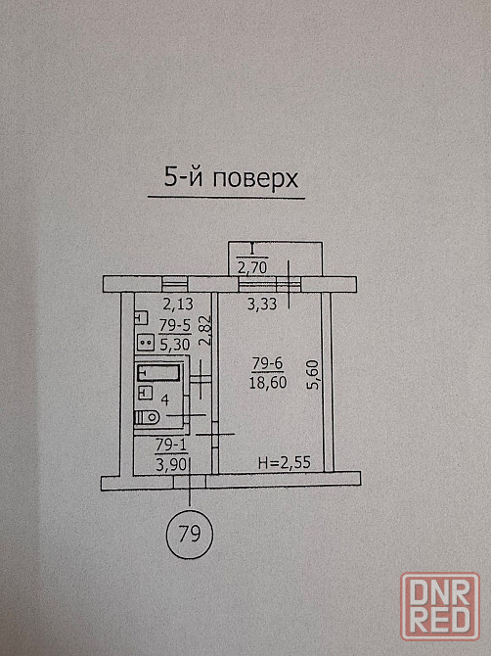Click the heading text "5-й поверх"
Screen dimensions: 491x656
[x=231, y=178]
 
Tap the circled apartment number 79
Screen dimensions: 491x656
[x=190, y=534]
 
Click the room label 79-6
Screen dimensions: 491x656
[x=267, y=364]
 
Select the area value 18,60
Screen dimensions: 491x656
[x=268, y=382]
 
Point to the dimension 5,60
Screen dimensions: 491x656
[x=313, y=375]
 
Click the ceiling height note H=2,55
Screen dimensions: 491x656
[x=285, y=463]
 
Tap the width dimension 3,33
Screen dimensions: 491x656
[x=262, y=304]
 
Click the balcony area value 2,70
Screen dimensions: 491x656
[x=252, y=267]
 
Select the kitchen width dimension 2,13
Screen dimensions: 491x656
[x=178, y=305]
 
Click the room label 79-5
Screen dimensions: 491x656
[x=175, y=325]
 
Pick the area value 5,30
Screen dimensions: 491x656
[x=175, y=345]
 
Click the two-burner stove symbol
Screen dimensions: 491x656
[x=146, y=343]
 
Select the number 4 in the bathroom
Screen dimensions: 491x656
[x=164, y=399]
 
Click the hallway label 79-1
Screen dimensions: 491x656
[x=171, y=445]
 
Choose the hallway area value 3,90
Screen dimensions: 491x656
[x=171, y=465]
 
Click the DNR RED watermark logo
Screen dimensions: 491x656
[x=439, y=607]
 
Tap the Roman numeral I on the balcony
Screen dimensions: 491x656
[x=252, y=250]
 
